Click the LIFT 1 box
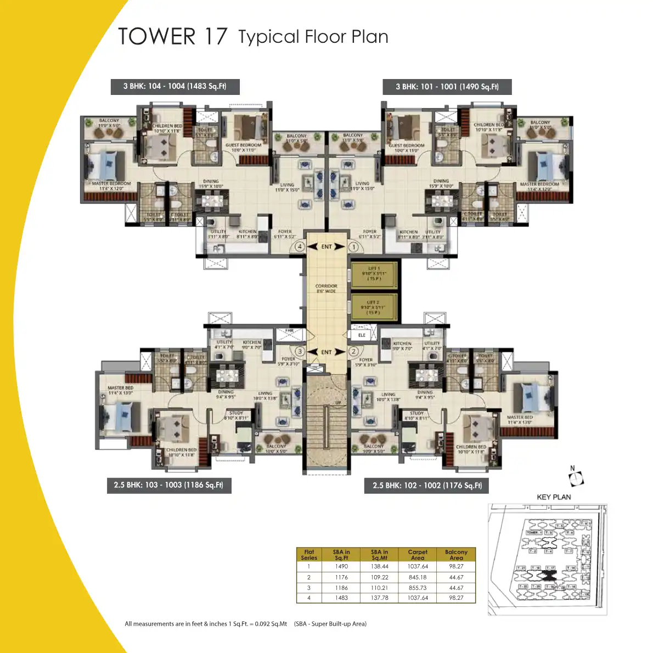pos(374,273)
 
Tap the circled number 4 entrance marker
pos(300,247)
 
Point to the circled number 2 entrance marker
pos(353,351)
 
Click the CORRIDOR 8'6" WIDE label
pos(326,289)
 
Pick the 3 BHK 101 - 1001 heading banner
pos(447,87)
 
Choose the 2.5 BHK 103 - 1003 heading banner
pos(168,485)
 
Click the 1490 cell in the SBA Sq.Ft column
pos(341,566)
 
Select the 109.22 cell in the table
pos(379,577)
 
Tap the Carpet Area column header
pos(418,554)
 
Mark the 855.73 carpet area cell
pos(418,588)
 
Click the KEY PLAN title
pos(554,497)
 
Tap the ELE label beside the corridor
pos(362,335)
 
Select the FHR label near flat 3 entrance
pos(289,331)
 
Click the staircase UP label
pos(338,403)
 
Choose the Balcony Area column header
pos(456,554)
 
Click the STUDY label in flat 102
pos(416,413)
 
